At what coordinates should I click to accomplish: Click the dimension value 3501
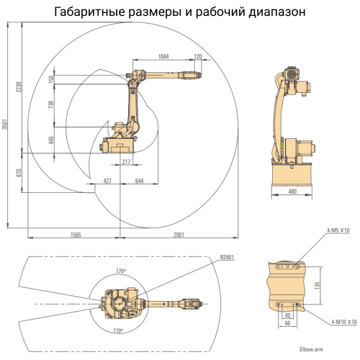(5, 124)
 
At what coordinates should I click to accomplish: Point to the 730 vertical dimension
(51, 105)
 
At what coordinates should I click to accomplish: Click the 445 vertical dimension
(51, 140)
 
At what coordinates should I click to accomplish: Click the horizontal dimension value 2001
(179, 235)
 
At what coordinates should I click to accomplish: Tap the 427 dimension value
(107, 181)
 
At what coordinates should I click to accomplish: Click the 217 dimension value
(126, 163)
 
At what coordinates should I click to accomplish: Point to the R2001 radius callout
(228, 256)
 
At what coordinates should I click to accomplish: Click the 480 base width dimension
(292, 192)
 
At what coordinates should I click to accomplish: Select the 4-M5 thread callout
(337, 230)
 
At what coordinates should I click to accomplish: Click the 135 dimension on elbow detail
(318, 285)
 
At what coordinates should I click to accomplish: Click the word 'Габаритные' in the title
(93, 12)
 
